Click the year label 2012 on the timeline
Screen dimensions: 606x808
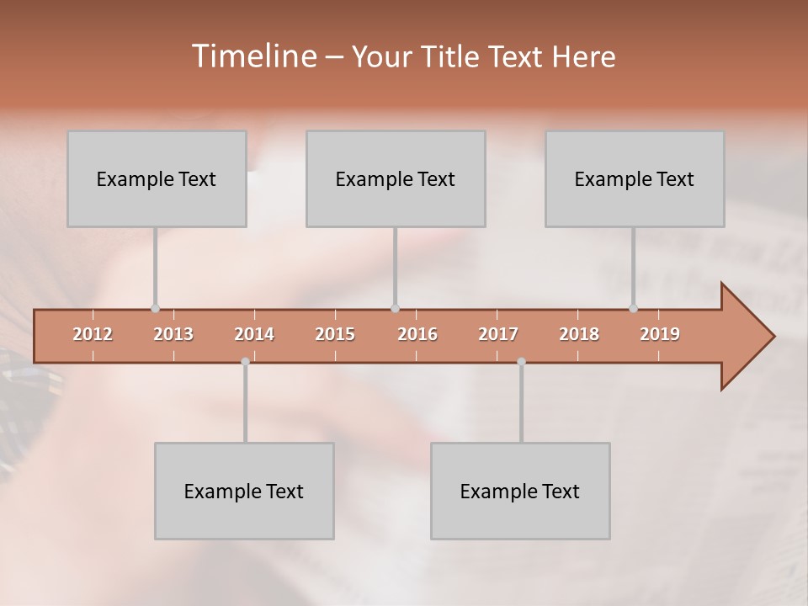coord(93,334)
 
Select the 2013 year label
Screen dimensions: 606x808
coord(173,334)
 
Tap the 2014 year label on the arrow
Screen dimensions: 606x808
coord(254,334)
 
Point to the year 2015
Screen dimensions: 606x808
coord(335,334)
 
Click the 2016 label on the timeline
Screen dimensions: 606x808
coord(417,334)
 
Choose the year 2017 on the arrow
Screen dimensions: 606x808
coord(498,334)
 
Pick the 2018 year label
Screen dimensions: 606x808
coord(579,334)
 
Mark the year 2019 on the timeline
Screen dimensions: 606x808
coord(660,334)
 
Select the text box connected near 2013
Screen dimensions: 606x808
coord(157,178)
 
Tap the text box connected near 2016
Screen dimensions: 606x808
coord(396,178)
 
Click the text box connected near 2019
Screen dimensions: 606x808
coord(635,178)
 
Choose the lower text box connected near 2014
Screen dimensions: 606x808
coord(244,491)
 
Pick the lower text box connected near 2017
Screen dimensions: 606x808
coord(520,491)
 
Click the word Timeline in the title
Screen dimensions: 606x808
coord(252,56)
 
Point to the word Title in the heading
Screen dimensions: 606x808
coord(455,57)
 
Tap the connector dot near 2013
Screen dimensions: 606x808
coord(155,309)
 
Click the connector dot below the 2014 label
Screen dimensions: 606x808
coord(245,362)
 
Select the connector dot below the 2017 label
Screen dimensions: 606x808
coord(521,362)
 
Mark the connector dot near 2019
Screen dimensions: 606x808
coord(634,309)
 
